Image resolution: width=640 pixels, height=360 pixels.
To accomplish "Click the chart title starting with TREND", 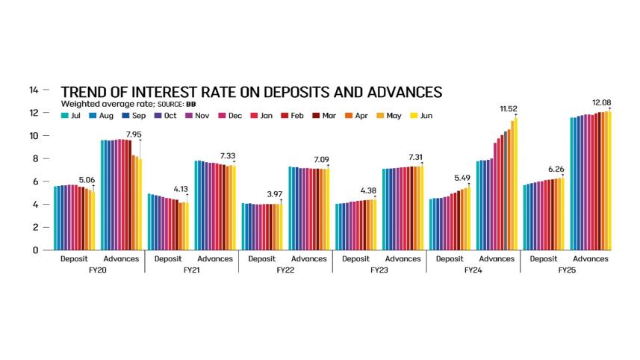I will point(251,92).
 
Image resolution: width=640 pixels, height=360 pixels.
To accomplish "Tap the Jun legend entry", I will point(424,116).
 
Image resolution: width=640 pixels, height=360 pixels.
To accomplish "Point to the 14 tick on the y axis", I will point(33,90).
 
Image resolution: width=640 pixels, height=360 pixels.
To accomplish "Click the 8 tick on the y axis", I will point(34,158).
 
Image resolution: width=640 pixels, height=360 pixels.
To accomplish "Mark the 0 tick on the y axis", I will point(34,250).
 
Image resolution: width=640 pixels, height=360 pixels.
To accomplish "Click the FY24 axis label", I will point(472,270).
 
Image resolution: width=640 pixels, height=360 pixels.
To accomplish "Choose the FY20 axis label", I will point(97,270).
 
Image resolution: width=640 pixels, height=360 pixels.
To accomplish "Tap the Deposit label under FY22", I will point(261,259).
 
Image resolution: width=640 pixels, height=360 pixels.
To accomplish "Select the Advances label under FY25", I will point(591,259).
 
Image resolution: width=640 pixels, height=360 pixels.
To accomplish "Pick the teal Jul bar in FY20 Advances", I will point(102,195).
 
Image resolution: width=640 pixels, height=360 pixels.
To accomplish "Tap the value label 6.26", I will point(556,169).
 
